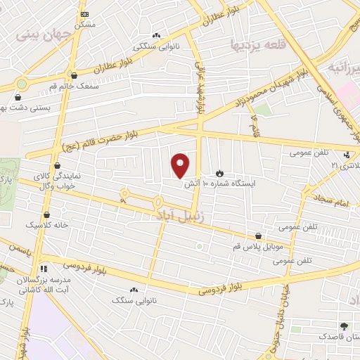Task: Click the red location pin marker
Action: tap(181, 165)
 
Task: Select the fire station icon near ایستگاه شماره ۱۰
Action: tap(219, 172)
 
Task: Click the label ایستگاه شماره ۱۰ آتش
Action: tap(219, 184)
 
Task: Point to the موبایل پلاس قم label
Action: tap(259, 247)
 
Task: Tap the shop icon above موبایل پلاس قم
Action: tap(259, 236)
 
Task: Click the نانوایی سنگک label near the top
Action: tap(155, 46)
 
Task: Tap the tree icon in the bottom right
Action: tap(344, 326)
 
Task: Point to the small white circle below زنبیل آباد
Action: tap(199, 246)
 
